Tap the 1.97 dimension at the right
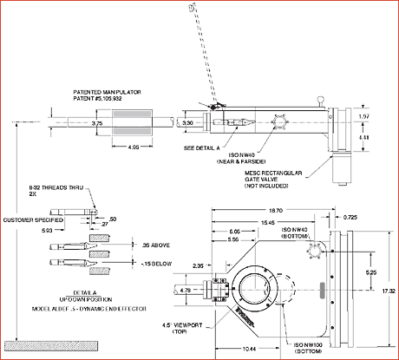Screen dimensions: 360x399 tap(364, 115)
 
